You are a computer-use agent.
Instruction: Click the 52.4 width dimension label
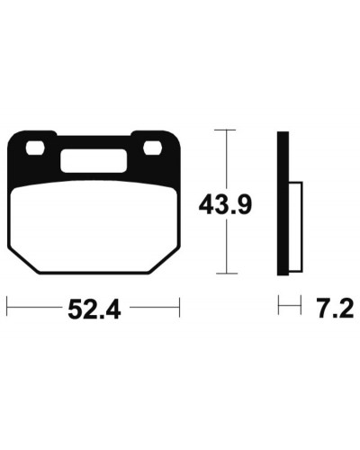tap(94, 310)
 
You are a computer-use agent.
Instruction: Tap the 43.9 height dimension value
tap(225, 205)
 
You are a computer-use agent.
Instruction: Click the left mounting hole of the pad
tap(35, 148)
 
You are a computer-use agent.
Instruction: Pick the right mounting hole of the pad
tap(153, 148)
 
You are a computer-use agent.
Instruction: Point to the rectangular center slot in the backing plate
tap(94, 161)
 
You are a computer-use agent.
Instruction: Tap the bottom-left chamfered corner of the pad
tap(23, 260)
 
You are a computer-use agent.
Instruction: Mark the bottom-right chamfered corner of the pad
tap(165, 260)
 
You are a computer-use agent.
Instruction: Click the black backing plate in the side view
tap(283, 203)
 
